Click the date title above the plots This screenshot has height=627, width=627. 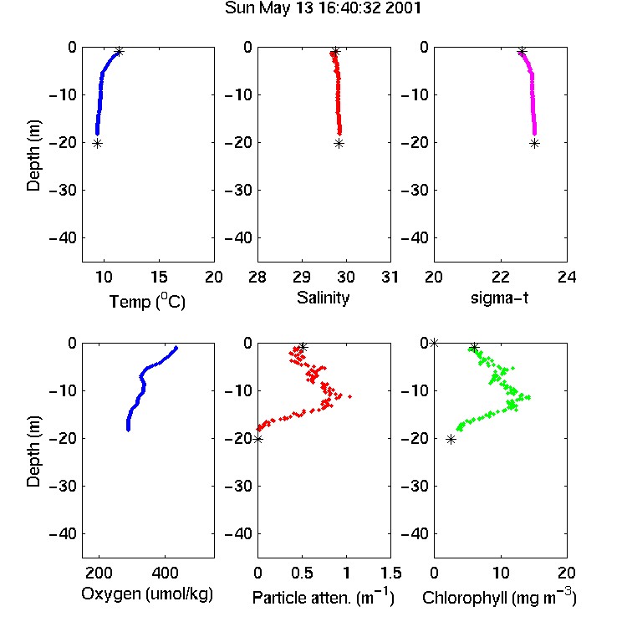point(323,8)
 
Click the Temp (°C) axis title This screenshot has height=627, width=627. point(147,302)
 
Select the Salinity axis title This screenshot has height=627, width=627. point(323,298)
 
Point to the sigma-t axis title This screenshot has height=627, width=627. point(499,298)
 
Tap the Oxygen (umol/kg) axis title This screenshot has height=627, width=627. point(147,594)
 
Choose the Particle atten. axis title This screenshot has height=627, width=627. point(323,597)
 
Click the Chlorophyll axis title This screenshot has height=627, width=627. point(499,597)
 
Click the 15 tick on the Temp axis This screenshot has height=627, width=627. point(159,277)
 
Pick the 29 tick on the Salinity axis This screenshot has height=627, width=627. point(302,277)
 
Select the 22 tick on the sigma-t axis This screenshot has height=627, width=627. point(501,277)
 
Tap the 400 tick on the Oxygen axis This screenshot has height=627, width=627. point(165,573)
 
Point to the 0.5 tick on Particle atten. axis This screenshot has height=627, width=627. point(302,573)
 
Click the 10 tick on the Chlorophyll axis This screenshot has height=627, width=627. point(501,573)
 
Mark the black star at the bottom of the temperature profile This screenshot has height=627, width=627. point(97,144)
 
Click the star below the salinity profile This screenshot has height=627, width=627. point(339,144)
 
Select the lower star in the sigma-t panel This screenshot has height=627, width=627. point(535,144)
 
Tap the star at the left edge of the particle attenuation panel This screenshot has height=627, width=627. point(258,440)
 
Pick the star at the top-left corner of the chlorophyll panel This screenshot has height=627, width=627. point(434,343)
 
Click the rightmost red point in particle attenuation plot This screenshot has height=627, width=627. point(350,396)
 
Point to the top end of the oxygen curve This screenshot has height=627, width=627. point(176,348)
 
